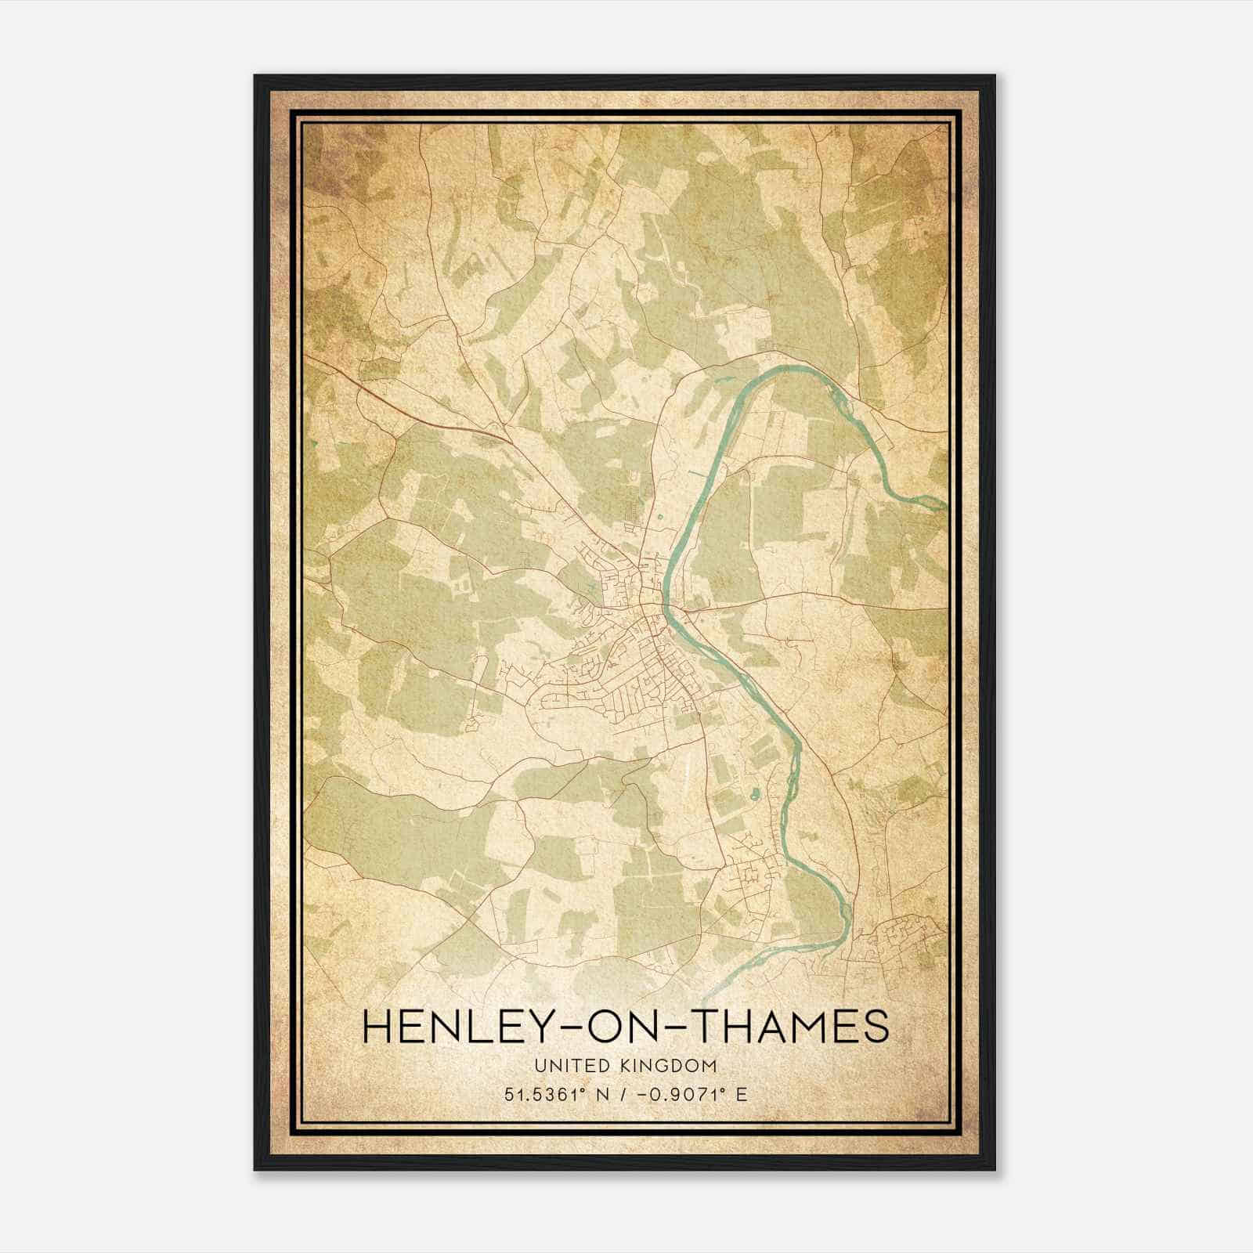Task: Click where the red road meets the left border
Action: click(307, 357)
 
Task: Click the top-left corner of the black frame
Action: click(255, 76)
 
